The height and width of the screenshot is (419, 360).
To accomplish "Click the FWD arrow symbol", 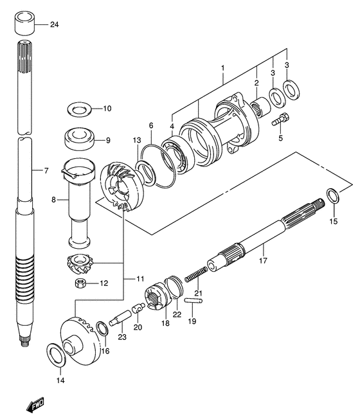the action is point(35,406).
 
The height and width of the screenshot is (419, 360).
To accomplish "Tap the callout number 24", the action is point(54,24).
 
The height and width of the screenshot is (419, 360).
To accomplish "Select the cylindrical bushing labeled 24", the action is point(24,23).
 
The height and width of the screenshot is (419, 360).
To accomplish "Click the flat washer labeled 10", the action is point(79,109).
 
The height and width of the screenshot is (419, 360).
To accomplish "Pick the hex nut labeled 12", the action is point(80,283).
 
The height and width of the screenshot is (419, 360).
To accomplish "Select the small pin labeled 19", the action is point(194,301).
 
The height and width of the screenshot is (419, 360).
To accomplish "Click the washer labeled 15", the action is point(333,199).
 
